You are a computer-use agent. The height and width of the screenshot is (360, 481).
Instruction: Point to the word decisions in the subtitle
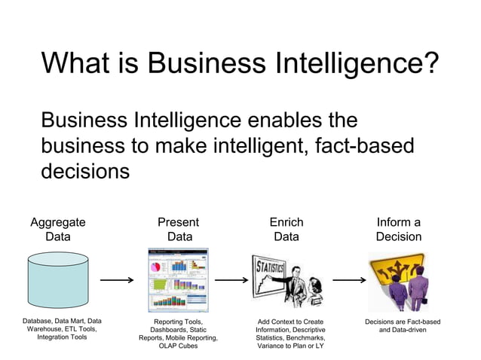[85, 170]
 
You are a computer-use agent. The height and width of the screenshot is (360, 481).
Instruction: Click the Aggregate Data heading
[58, 229]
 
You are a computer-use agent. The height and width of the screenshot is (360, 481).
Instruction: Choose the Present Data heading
[179, 229]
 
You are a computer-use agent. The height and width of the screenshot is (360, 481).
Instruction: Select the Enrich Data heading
[286, 229]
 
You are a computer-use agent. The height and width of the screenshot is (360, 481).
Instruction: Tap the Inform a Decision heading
[399, 229]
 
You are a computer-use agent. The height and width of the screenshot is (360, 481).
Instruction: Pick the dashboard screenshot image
[178, 280]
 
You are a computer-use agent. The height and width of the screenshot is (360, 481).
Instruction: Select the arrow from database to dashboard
[118, 280]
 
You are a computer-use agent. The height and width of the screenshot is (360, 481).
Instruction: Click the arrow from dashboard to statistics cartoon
[231, 280]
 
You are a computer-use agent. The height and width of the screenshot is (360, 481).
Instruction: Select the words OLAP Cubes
[178, 346]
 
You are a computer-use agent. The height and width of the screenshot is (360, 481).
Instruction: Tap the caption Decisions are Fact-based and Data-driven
[403, 325]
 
